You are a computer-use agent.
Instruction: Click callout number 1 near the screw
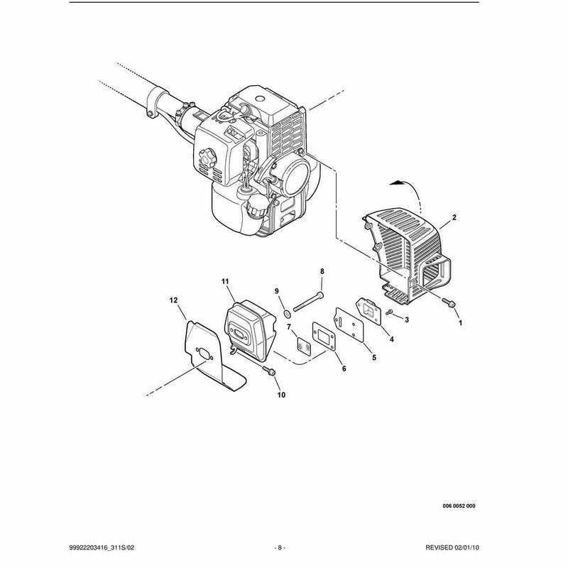(460, 322)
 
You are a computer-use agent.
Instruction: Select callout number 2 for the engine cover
(454, 218)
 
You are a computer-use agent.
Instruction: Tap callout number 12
(173, 300)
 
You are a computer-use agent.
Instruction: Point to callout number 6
(344, 368)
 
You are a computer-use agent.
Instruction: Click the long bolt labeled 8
(308, 302)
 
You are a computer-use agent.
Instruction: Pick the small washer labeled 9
(288, 312)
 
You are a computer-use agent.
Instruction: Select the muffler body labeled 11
(251, 330)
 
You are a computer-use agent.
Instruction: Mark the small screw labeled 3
(389, 312)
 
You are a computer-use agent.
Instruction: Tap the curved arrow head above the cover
(396, 183)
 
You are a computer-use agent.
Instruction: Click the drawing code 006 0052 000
(459, 506)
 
